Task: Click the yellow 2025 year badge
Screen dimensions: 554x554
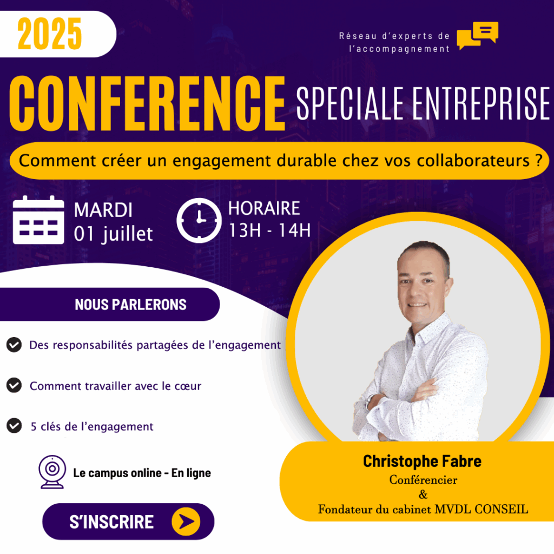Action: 49,34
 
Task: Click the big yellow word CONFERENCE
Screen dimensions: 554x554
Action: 147,103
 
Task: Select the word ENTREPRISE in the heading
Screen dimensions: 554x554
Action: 481,103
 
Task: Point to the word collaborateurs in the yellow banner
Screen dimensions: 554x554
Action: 473,160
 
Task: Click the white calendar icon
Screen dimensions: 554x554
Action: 38,220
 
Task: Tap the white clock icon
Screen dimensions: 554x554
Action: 199,221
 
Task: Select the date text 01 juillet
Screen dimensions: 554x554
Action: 114,234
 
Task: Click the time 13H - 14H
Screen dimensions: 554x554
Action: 270,230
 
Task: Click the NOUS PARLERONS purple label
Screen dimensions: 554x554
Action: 130,305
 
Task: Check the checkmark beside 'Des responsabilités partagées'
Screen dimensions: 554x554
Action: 14,345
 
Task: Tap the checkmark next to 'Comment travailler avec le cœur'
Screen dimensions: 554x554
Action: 14,385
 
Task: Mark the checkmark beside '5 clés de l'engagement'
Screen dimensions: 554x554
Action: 14,426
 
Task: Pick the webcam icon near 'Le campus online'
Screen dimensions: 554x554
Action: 52,472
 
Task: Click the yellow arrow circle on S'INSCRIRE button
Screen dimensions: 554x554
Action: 186,522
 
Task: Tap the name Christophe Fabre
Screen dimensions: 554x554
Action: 422,461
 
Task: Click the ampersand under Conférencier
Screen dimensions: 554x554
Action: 423,494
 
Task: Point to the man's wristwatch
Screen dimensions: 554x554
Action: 370,401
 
